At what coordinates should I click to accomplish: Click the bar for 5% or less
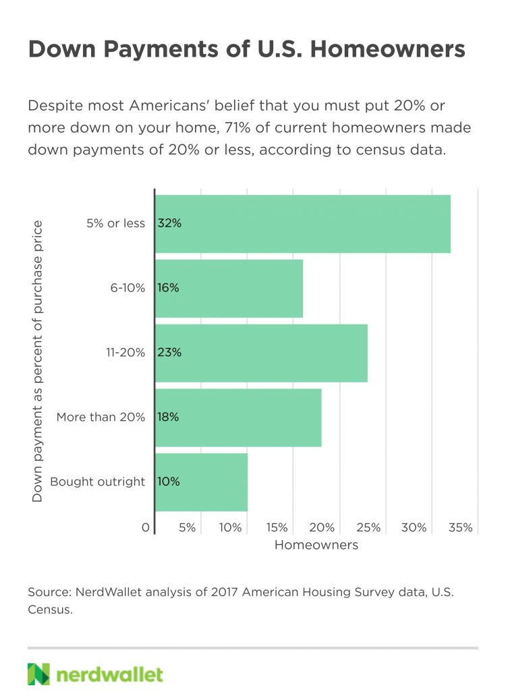(x=304, y=224)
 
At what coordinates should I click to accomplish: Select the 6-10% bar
(x=229, y=288)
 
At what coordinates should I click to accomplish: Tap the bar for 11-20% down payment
(x=262, y=353)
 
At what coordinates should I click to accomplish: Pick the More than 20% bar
(x=239, y=417)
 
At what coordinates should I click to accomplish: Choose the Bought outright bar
(x=202, y=482)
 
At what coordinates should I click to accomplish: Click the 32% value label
(x=169, y=223)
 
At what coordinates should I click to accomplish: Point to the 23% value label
(x=169, y=353)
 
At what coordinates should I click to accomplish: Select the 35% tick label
(x=461, y=528)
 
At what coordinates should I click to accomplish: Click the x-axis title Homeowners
(x=316, y=545)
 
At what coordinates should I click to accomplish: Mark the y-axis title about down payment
(x=38, y=361)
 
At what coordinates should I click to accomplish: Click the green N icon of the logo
(x=39, y=674)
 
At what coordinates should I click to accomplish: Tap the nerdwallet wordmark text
(x=110, y=674)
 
